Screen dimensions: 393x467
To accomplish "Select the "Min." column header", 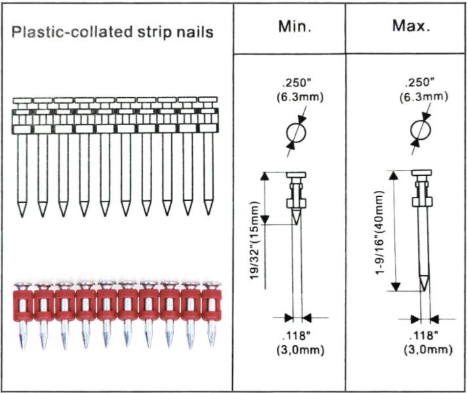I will tap(289, 28).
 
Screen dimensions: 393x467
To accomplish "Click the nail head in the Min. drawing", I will tap(295, 175).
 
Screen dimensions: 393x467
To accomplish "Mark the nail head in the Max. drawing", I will tap(421, 173).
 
